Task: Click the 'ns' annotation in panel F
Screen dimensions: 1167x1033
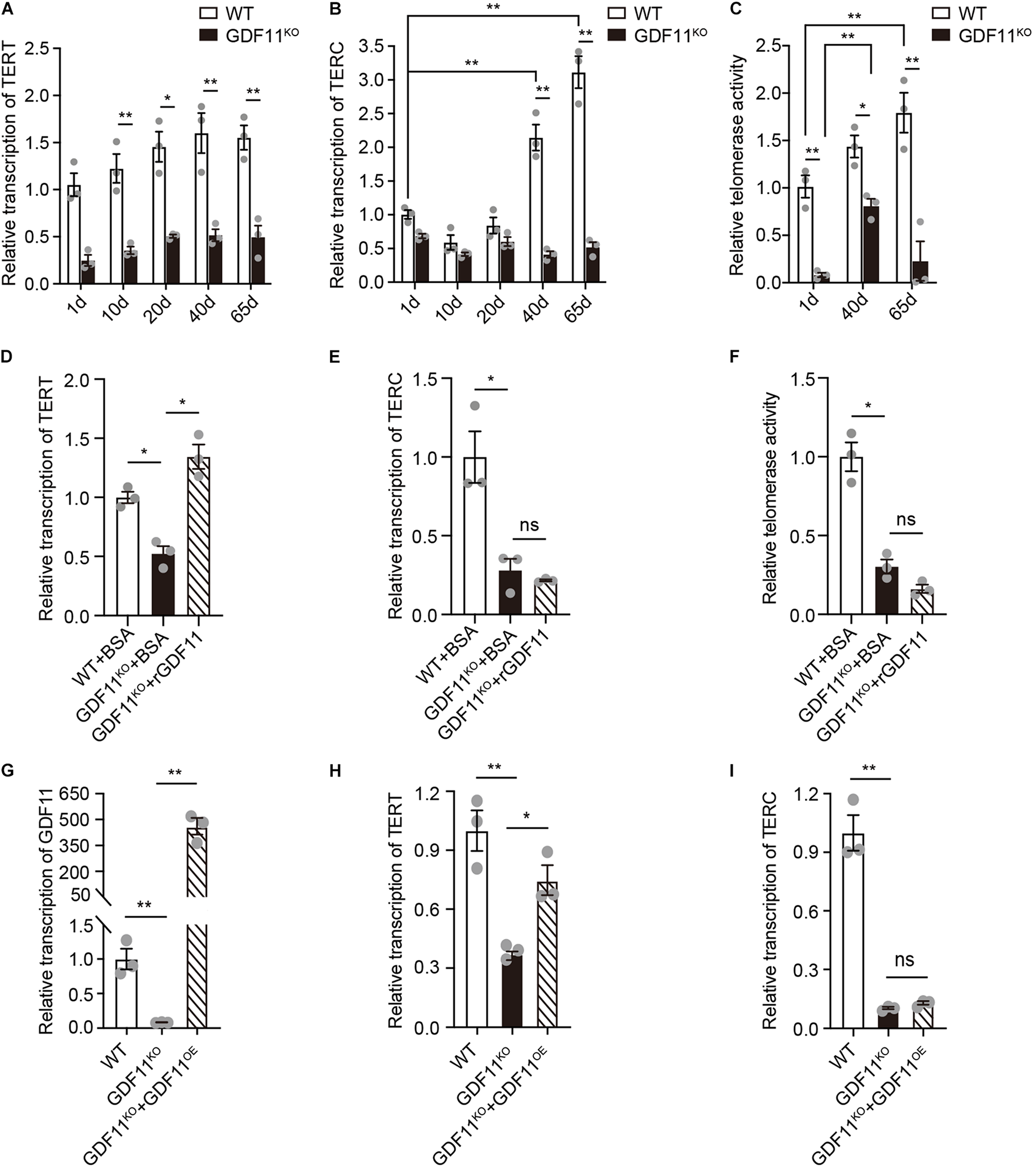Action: coord(906,519)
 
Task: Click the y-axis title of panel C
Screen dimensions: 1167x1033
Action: coord(737,164)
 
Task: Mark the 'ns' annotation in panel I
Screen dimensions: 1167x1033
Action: coord(905,960)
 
